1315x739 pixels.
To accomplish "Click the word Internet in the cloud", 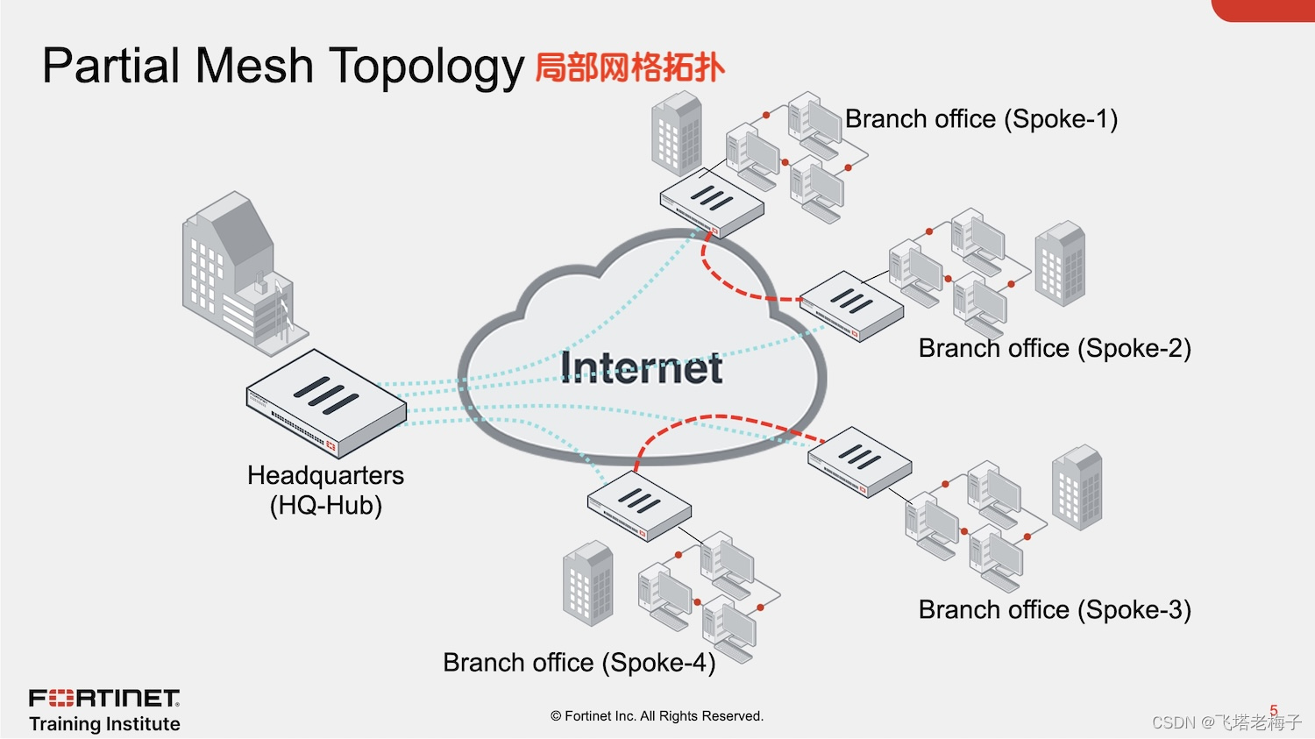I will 641,367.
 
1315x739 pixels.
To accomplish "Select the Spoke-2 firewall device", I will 851,306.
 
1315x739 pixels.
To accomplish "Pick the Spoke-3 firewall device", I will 859,461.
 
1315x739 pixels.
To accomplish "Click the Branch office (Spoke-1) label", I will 981,119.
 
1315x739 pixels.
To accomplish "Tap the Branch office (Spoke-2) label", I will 1055,349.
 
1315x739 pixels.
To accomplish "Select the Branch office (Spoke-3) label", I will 1055,610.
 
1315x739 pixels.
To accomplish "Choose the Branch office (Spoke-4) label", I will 579,663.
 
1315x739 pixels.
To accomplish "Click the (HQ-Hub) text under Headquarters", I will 326,506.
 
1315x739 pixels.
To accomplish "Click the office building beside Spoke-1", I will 677,134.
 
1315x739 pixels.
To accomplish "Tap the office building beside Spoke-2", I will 1060,263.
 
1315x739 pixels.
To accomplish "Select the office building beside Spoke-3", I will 1077,487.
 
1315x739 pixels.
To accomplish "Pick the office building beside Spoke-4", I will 587,583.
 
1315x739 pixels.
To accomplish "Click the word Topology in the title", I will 426,67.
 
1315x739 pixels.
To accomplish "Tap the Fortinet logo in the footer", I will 104,699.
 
